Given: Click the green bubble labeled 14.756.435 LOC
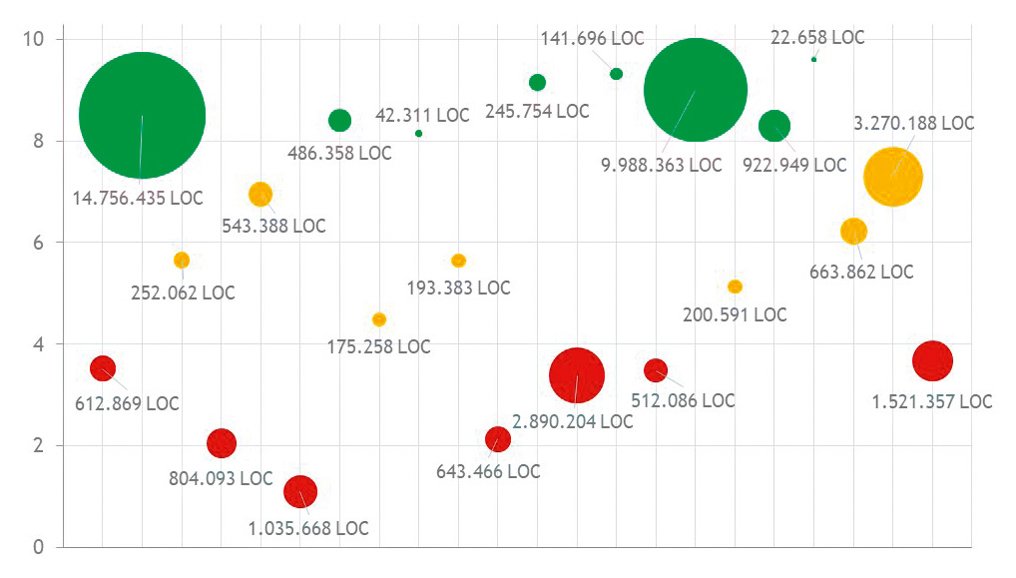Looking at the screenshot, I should [142, 115].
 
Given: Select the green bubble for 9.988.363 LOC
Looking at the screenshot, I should [696, 90].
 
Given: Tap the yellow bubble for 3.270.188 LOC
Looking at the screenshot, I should [892, 177].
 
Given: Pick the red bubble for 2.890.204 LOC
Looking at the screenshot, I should [577, 375].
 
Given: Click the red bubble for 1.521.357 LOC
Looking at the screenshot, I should [932, 360].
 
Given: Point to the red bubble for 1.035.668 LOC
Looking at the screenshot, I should [300, 490].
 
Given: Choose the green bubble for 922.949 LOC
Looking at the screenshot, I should [774, 126].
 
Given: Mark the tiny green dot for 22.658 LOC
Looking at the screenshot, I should [814, 60].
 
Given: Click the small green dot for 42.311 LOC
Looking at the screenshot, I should [418, 133].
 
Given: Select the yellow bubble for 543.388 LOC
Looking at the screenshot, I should [260, 194].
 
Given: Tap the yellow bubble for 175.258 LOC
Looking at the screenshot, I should [379, 319].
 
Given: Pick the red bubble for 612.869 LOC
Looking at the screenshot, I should [103, 368].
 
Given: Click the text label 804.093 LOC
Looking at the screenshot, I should [220, 478].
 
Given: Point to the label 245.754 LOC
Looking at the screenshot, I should [537, 112].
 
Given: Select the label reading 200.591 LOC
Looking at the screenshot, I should [735, 314].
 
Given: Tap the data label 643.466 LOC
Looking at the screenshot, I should [488, 471].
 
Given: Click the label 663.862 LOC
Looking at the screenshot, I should [861, 272].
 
